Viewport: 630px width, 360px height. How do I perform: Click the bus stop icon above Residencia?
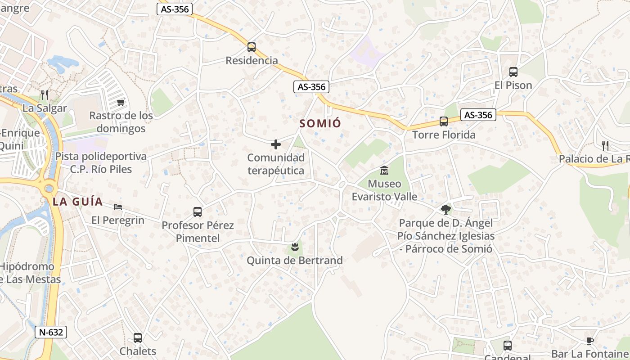tap(252, 47)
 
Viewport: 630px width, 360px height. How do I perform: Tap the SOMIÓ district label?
tap(320, 123)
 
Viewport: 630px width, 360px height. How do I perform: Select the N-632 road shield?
tap(51, 333)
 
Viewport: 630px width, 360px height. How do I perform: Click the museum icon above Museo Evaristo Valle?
tap(384, 171)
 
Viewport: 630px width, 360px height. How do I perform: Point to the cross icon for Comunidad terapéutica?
tap(276, 144)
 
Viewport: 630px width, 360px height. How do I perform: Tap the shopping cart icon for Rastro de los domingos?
tap(121, 103)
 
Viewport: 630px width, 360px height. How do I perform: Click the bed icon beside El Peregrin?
tap(118, 207)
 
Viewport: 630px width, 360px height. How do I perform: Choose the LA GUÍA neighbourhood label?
tap(78, 202)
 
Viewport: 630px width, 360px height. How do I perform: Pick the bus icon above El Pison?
tap(513, 72)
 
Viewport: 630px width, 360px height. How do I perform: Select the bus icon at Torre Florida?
tap(444, 121)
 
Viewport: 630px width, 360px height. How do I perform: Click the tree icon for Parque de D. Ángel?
tap(446, 209)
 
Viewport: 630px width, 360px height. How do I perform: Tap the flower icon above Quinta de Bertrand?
tap(295, 247)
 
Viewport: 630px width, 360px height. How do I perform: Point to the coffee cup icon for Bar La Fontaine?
tap(590, 341)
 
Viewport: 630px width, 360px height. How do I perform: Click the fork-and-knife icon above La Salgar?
tap(44, 95)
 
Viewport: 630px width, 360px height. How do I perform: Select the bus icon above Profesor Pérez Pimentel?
tap(198, 212)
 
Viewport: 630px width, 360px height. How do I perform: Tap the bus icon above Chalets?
tap(138, 338)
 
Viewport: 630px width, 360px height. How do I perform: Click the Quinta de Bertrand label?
tap(295, 261)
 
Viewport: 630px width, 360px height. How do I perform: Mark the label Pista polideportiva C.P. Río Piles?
tap(101, 163)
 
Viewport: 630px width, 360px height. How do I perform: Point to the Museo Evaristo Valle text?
tap(384, 190)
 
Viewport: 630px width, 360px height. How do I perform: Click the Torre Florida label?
tap(444, 135)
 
